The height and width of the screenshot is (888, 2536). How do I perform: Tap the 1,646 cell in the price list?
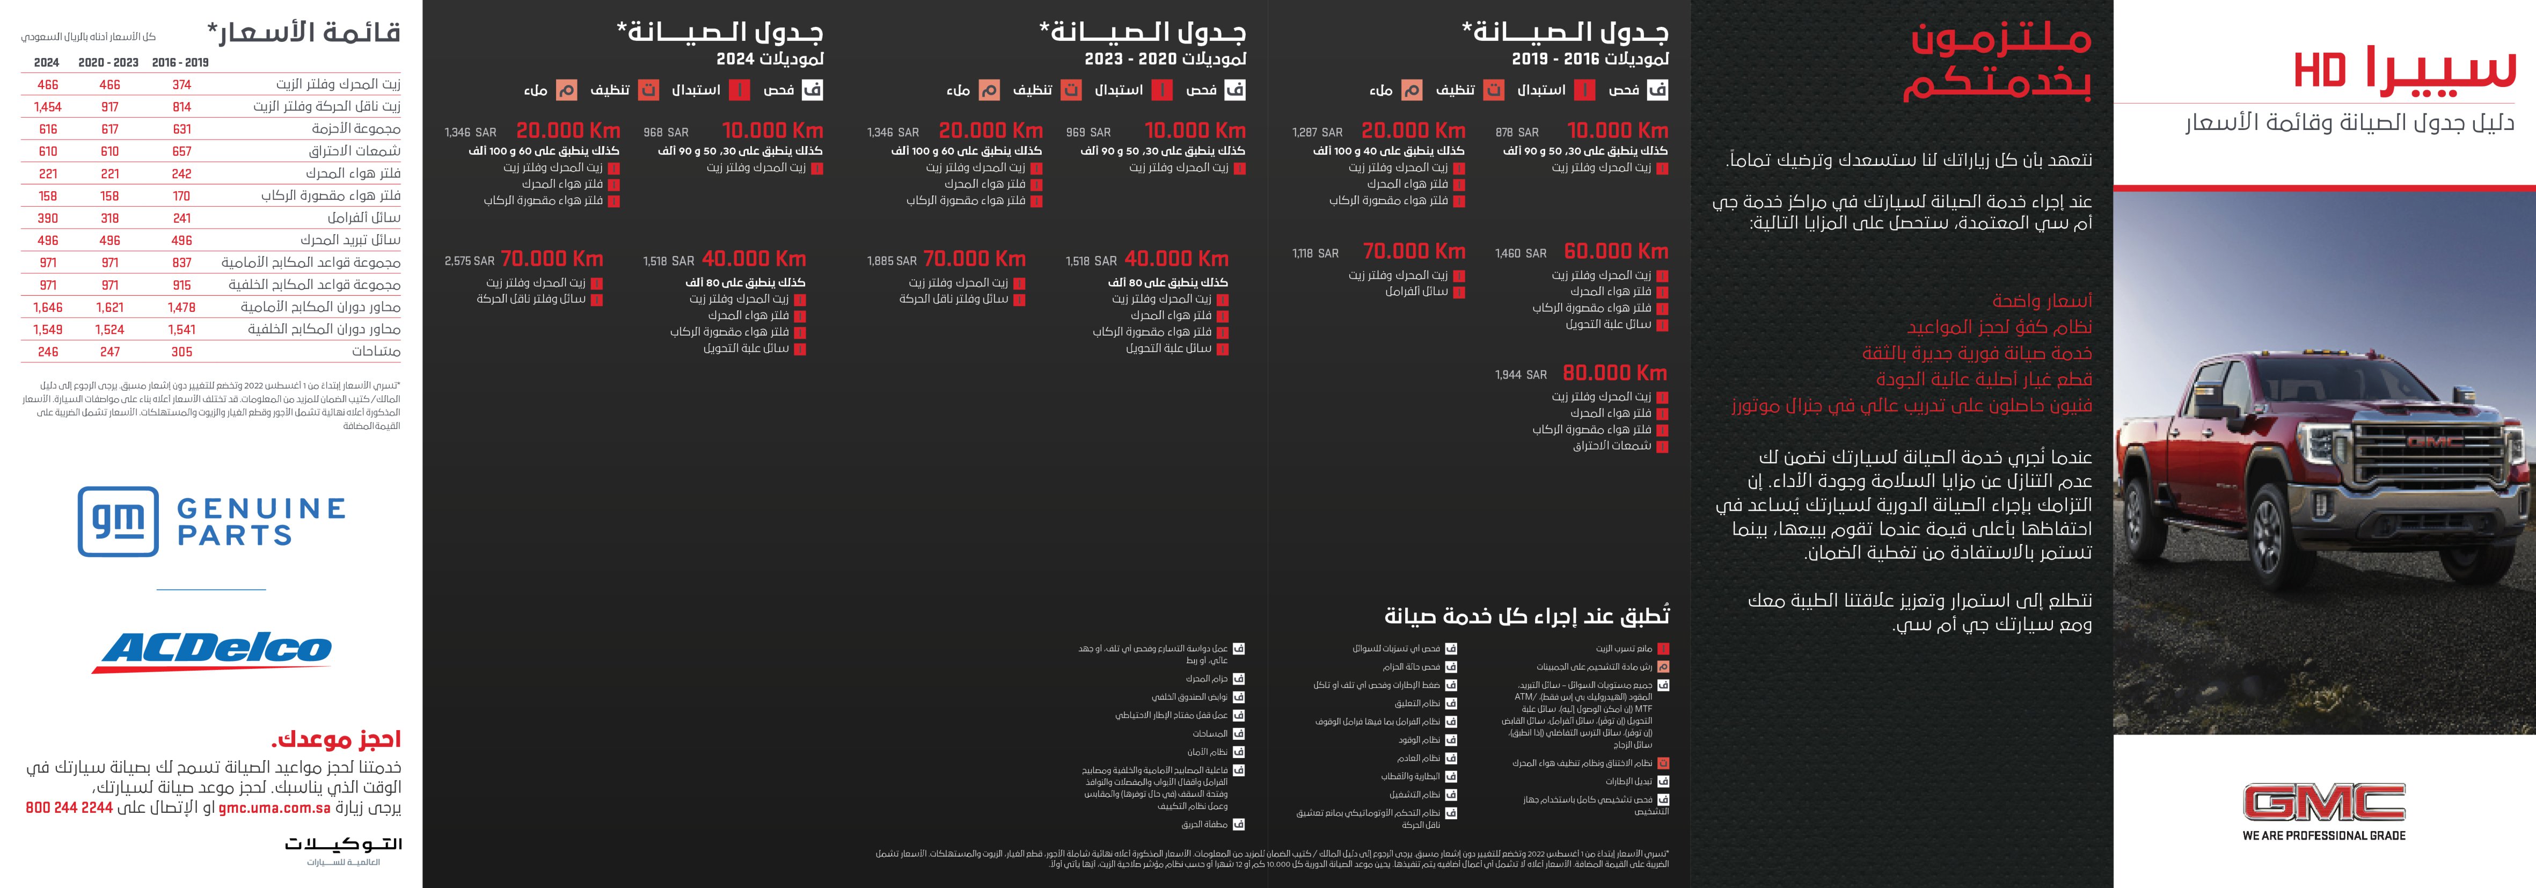(47, 307)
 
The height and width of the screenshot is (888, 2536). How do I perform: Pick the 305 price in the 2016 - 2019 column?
(181, 352)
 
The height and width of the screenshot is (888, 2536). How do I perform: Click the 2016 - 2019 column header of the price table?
(180, 62)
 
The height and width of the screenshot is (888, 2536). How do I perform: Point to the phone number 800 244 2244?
(69, 808)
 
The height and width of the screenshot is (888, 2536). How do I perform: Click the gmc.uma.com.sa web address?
(274, 808)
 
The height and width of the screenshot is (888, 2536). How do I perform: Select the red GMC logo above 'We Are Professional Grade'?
(2323, 802)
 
